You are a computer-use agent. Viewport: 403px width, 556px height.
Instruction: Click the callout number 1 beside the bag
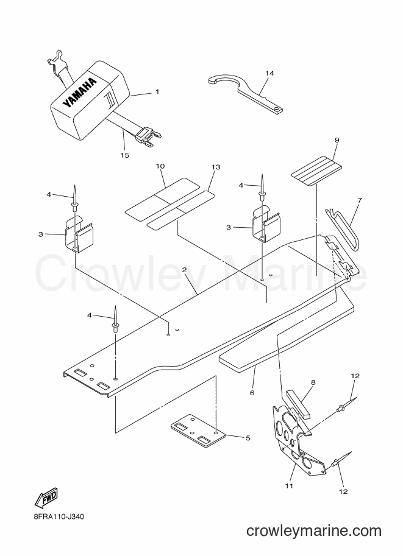[157, 91]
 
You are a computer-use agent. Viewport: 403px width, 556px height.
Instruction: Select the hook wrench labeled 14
[245, 94]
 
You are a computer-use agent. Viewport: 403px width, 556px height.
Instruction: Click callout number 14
[269, 73]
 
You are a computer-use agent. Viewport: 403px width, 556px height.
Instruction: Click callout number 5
[248, 438]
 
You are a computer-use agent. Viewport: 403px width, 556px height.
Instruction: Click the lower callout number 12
[343, 491]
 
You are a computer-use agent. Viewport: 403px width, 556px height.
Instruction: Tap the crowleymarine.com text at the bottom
[313, 531]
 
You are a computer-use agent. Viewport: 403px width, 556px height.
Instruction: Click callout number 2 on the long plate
[184, 270]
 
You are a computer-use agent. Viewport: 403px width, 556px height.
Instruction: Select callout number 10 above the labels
[160, 166]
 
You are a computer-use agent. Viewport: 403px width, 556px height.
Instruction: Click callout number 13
[216, 167]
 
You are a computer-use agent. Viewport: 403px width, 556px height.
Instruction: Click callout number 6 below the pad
[252, 393]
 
